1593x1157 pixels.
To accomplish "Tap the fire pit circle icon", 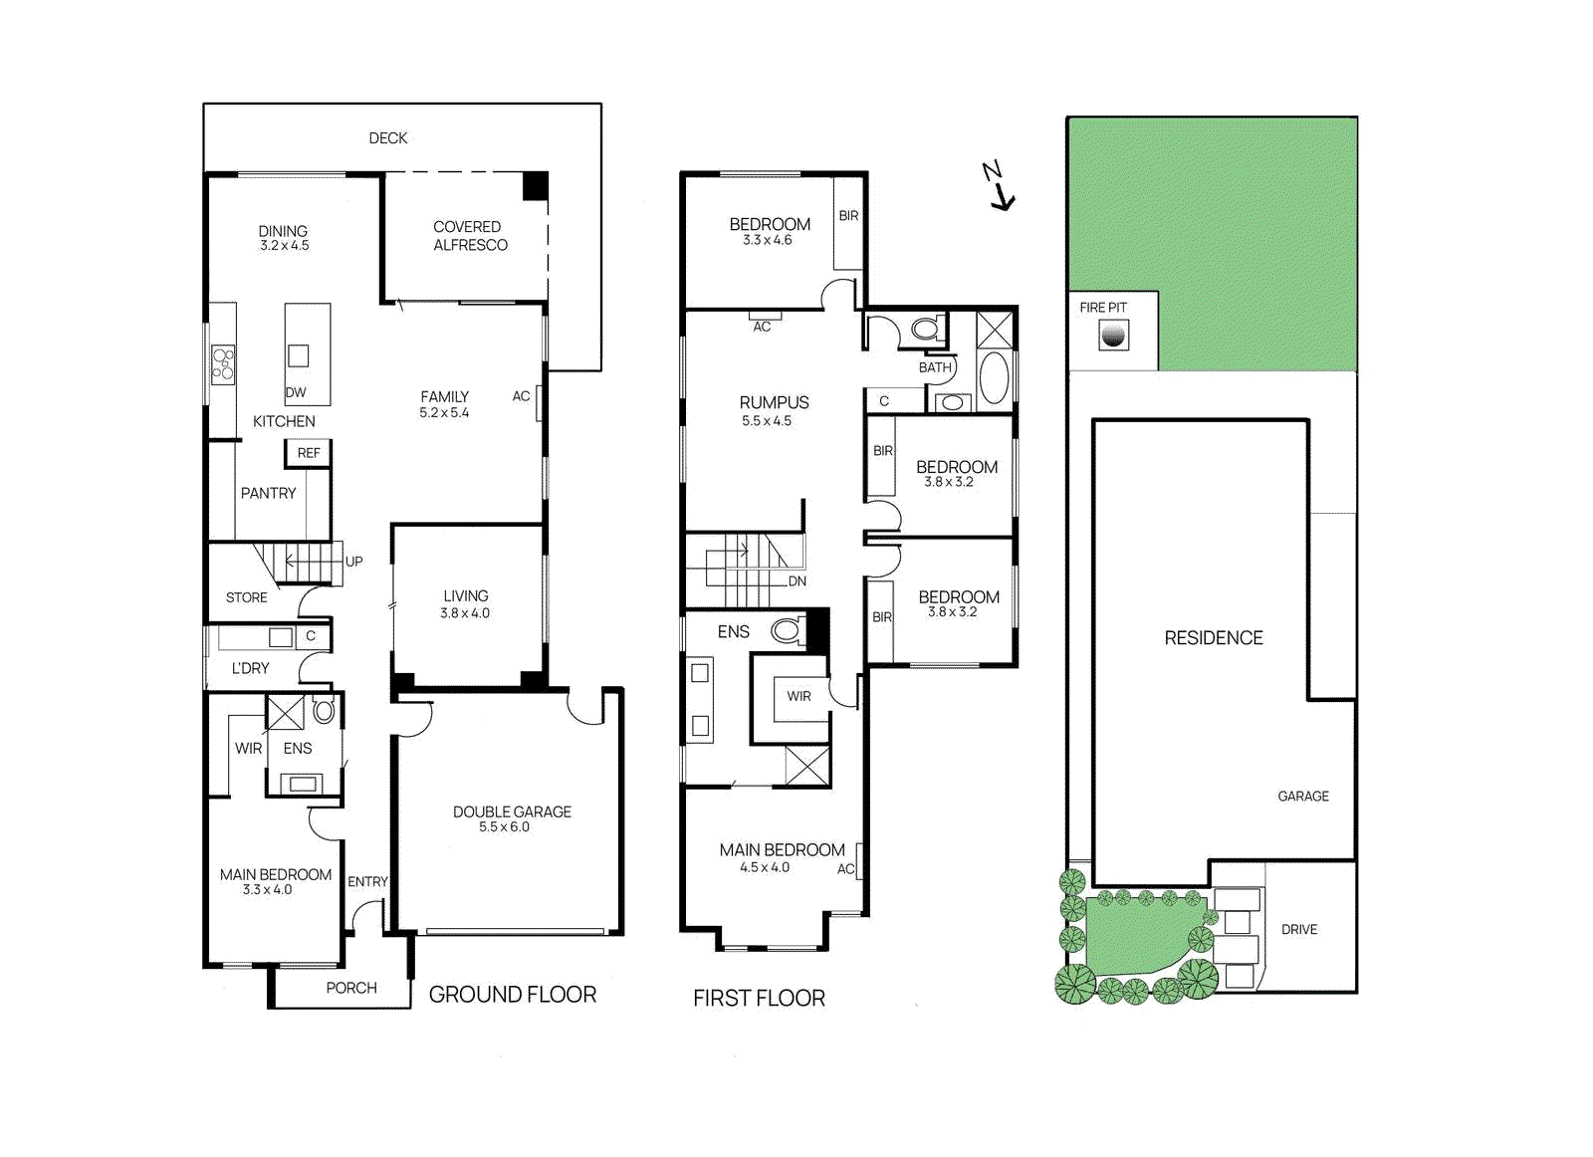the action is pyautogui.click(x=1113, y=335).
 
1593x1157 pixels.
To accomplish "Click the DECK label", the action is pyautogui.click(x=388, y=138).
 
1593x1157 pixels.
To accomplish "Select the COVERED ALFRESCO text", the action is pyautogui.click(x=470, y=235).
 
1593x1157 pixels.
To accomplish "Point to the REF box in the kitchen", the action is pyautogui.click(x=309, y=454).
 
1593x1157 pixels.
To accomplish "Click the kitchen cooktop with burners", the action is pyautogui.click(x=223, y=365).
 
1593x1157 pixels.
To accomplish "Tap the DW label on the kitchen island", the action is pyautogui.click(x=296, y=392).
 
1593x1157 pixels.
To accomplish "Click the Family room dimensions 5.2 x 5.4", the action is pyautogui.click(x=444, y=412).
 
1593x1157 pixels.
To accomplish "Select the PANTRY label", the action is pyautogui.click(x=268, y=494).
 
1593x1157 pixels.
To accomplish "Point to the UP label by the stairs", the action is pyautogui.click(x=354, y=562).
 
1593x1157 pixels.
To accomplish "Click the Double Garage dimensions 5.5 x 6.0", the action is pyautogui.click(x=504, y=827).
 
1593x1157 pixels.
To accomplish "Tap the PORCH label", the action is pyautogui.click(x=351, y=988).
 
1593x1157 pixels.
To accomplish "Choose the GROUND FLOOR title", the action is pyautogui.click(x=513, y=994).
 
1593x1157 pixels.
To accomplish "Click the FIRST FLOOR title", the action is pyautogui.click(x=759, y=999).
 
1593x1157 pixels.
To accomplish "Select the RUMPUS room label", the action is pyautogui.click(x=774, y=402).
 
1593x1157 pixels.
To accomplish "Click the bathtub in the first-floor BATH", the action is pyautogui.click(x=995, y=378).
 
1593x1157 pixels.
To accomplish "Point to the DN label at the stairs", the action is pyautogui.click(x=797, y=581).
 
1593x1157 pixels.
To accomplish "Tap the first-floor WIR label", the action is pyautogui.click(x=798, y=696).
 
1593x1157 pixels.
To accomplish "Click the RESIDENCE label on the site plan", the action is pyautogui.click(x=1214, y=638).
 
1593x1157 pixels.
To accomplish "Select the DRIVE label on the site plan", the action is pyautogui.click(x=1299, y=929).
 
